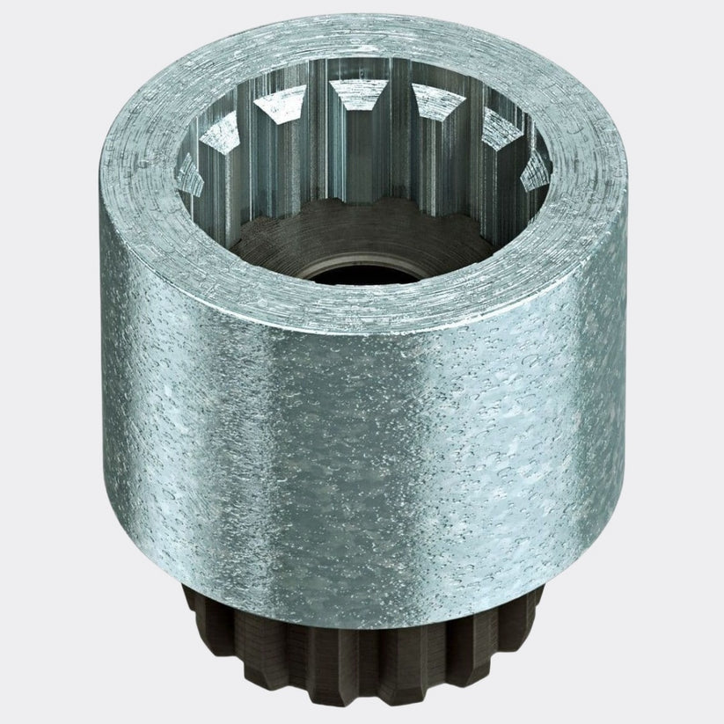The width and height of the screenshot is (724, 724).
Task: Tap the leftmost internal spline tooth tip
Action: (187, 169)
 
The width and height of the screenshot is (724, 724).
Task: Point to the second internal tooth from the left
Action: (222, 132)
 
